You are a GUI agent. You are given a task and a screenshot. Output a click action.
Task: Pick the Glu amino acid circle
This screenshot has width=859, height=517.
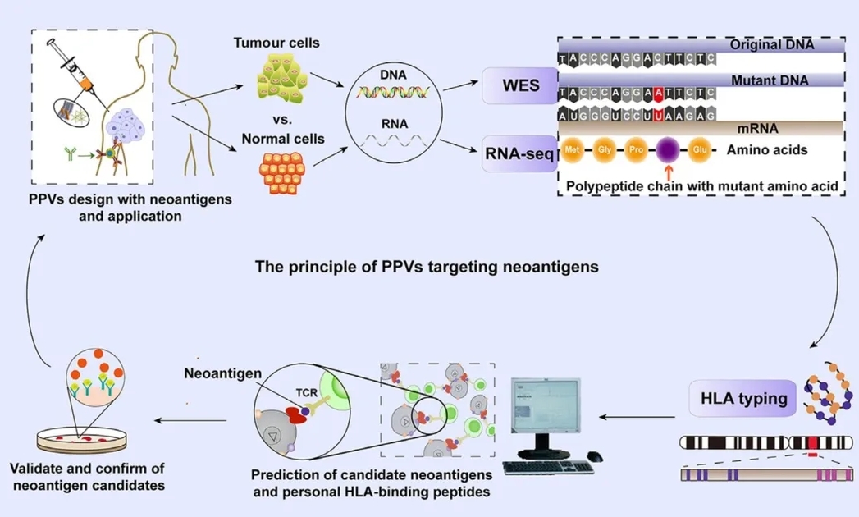(699, 151)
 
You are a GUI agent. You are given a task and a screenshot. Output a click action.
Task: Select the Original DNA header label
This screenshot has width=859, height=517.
(771, 44)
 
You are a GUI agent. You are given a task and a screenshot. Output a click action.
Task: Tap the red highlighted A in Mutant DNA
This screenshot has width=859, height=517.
(659, 94)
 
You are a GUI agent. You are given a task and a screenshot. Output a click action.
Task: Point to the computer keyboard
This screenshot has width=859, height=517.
(548, 467)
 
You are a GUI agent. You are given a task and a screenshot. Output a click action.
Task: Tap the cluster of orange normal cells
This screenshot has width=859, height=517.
(281, 172)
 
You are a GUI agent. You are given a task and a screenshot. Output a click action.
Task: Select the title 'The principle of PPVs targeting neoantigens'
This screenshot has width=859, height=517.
(427, 266)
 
